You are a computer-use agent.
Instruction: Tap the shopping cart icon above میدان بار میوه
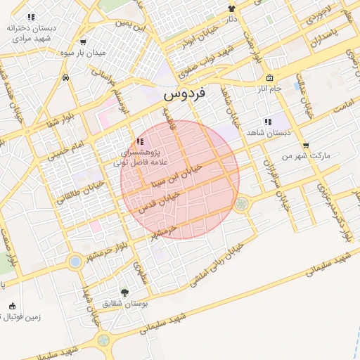[84, 41]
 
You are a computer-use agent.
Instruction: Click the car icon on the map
[65, 77]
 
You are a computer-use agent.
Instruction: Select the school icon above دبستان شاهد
[266, 121]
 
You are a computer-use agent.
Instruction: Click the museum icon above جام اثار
[269, 77]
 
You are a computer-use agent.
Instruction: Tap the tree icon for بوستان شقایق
[124, 292]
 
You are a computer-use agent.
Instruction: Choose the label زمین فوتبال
[21, 317]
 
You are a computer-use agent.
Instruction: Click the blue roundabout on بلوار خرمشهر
[75, 262]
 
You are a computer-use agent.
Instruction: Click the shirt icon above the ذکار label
[231, 8]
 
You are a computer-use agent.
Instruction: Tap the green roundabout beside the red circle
[242, 204]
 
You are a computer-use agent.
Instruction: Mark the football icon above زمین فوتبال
[12, 306]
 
